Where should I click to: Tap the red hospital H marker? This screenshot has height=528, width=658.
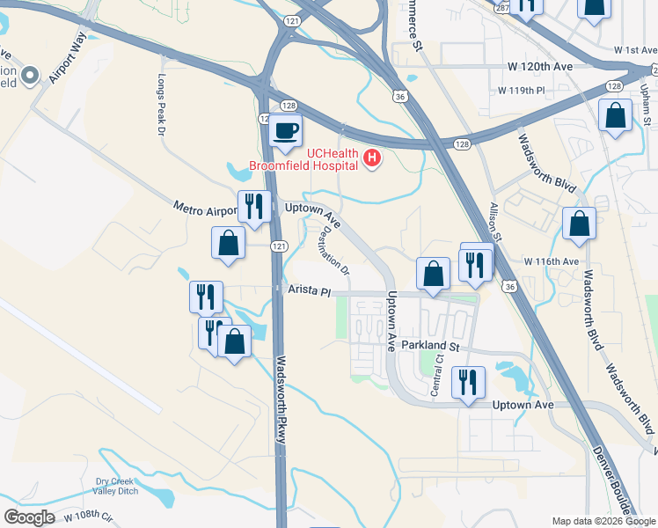click(x=372, y=158)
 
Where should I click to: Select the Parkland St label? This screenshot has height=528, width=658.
click(x=431, y=347)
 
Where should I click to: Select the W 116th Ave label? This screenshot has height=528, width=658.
click(x=552, y=261)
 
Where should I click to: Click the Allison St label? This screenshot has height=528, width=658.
click(x=494, y=224)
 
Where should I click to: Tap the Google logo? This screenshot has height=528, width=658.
click(x=28, y=517)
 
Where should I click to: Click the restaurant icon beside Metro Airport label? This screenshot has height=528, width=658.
click(x=254, y=207)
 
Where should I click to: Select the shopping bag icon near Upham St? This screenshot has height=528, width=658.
click(x=615, y=115)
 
